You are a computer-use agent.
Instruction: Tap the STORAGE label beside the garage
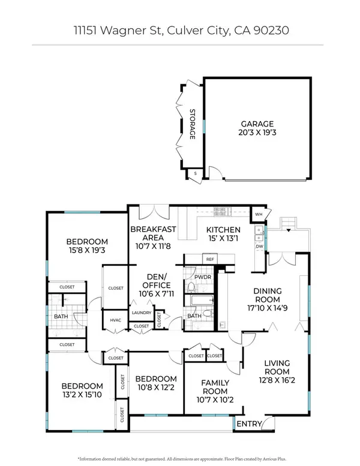coord(193,124)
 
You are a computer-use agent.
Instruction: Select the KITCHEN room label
coord(223,230)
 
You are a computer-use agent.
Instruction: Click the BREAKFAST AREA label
coord(153,233)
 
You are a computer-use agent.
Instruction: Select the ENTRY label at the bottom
coord(249,424)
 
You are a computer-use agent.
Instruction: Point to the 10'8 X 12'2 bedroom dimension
coord(156,387)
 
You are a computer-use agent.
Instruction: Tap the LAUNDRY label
coord(142,313)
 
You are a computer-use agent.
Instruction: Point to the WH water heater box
coord(259,214)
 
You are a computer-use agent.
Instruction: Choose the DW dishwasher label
coord(259,246)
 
